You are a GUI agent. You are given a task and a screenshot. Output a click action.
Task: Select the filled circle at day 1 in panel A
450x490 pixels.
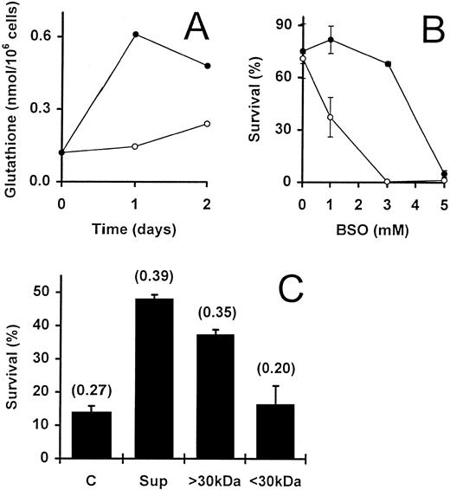pos(135,35)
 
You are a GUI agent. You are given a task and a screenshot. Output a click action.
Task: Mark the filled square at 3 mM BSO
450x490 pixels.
pos(388,64)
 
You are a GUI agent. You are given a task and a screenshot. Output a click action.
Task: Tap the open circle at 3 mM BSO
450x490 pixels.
pos(388,182)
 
